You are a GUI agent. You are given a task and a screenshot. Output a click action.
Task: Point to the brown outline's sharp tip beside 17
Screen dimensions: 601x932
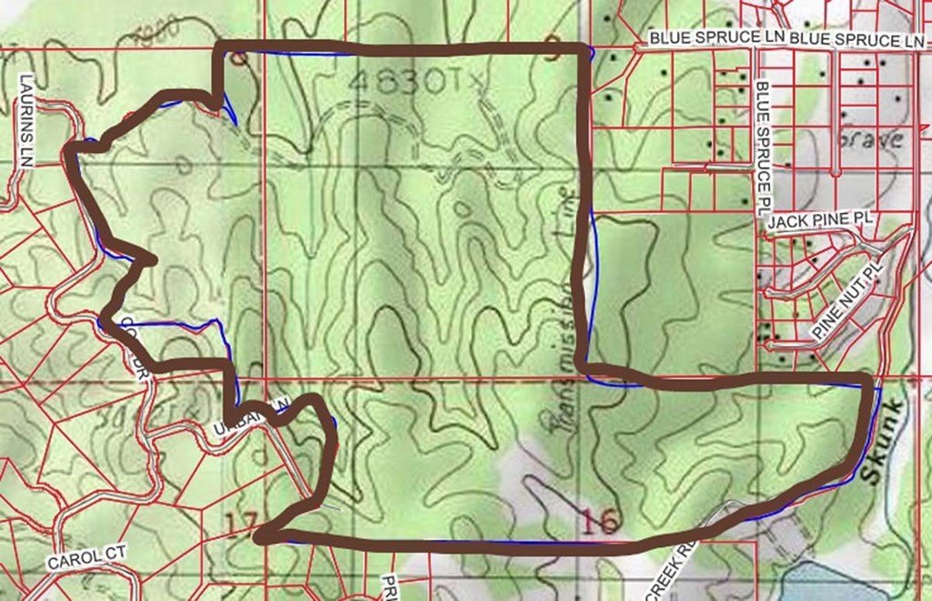tap(260, 538)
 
